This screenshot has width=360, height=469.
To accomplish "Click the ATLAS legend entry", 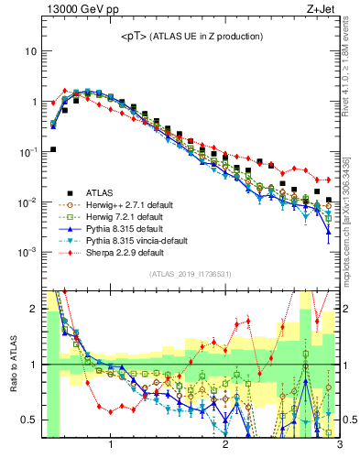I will click(101, 192).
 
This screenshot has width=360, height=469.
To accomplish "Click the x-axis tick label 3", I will click(339, 446).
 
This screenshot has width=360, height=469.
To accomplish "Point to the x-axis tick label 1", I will click(111, 446).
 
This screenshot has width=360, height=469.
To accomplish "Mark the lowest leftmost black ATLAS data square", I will click(53, 149).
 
